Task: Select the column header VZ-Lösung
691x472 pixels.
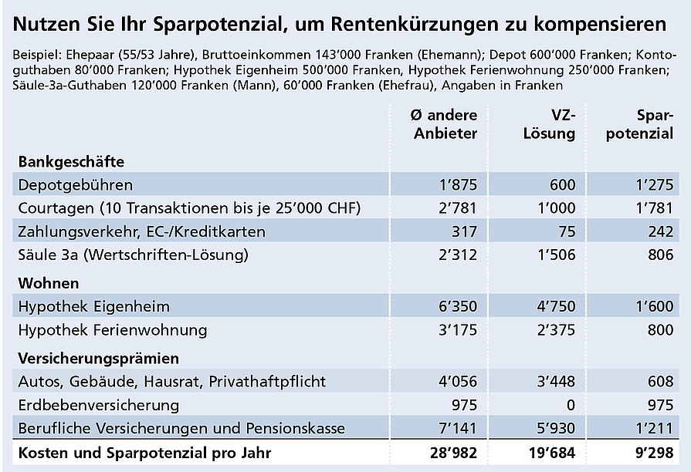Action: (550, 124)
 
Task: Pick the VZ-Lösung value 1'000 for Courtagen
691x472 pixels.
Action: (557, 208)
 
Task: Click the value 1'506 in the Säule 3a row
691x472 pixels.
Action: (557, 254)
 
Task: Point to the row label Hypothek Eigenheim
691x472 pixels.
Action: (93, 306)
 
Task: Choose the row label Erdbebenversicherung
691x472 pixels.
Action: (99, 404)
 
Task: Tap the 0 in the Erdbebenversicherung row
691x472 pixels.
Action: (571, 404)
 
